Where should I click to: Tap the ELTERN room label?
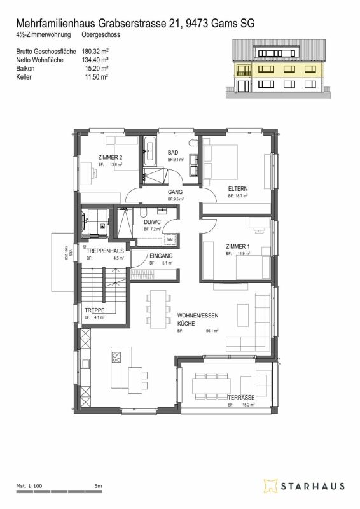pos(239,188)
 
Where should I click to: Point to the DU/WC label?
pos(152,222)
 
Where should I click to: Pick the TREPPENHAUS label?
pos(105,251)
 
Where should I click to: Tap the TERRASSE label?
pos(242,398)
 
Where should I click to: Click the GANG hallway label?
pos(175,192)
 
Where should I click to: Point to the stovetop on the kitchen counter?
pos(116,357)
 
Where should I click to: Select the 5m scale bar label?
pos(98,486)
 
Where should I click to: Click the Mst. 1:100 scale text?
pos(29,486)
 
